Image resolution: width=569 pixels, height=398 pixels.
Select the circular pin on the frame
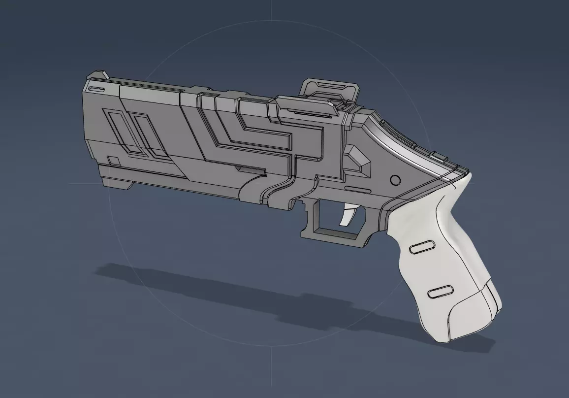click(395, 180)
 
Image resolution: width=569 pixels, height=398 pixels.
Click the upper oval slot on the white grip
click(421, 249)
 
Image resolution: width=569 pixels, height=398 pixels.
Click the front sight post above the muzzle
click(98, 76)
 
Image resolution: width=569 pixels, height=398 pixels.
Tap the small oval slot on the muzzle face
click(96, 89)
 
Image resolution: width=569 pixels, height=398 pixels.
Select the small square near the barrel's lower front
click(114, 161)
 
